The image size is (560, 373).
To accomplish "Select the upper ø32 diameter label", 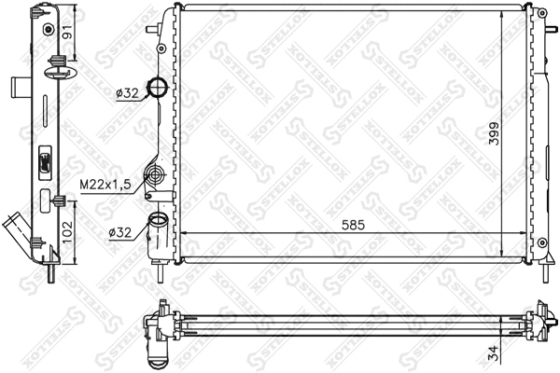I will [x=128, y=92].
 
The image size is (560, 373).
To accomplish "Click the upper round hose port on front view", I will [x=160, y=90].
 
